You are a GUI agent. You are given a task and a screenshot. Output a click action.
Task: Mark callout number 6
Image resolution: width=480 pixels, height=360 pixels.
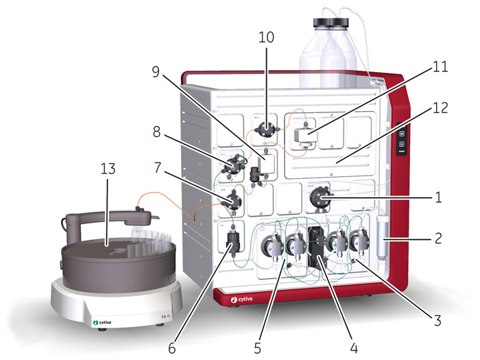click(x=171, y=348)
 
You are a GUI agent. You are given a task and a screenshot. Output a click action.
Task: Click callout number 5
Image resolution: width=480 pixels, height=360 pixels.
click(x=256, y=348)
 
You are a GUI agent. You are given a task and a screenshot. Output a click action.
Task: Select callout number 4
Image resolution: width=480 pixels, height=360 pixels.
click(x=354, y=348)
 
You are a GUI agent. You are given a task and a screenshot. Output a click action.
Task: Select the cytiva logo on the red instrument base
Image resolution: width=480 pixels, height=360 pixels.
click(x=241, y=300)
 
